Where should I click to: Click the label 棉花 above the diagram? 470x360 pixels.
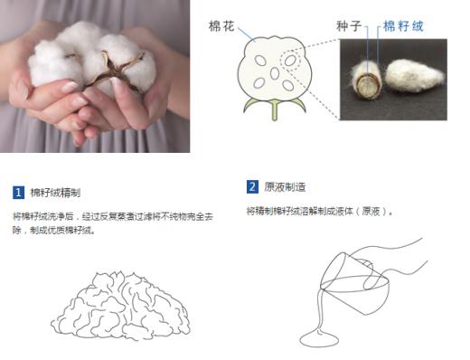(221, 28)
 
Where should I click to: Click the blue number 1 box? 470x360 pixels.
(18, 193)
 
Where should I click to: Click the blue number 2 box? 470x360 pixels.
(252, 187)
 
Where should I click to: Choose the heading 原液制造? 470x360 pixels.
(284, 187)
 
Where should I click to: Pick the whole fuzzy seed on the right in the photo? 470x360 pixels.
(414, 78)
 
